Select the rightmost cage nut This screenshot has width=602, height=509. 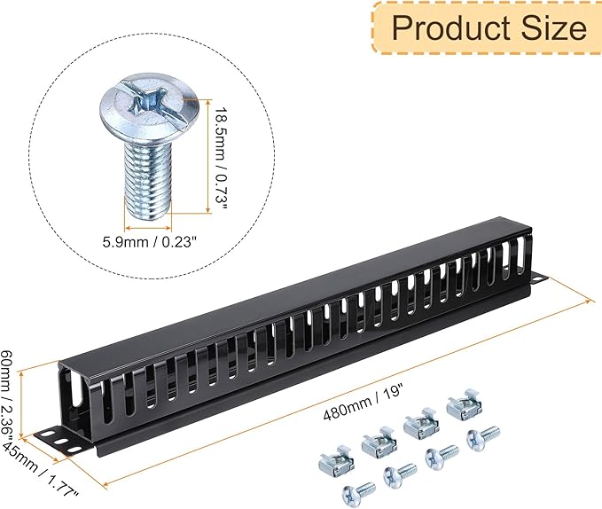click(x=464, y=406)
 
